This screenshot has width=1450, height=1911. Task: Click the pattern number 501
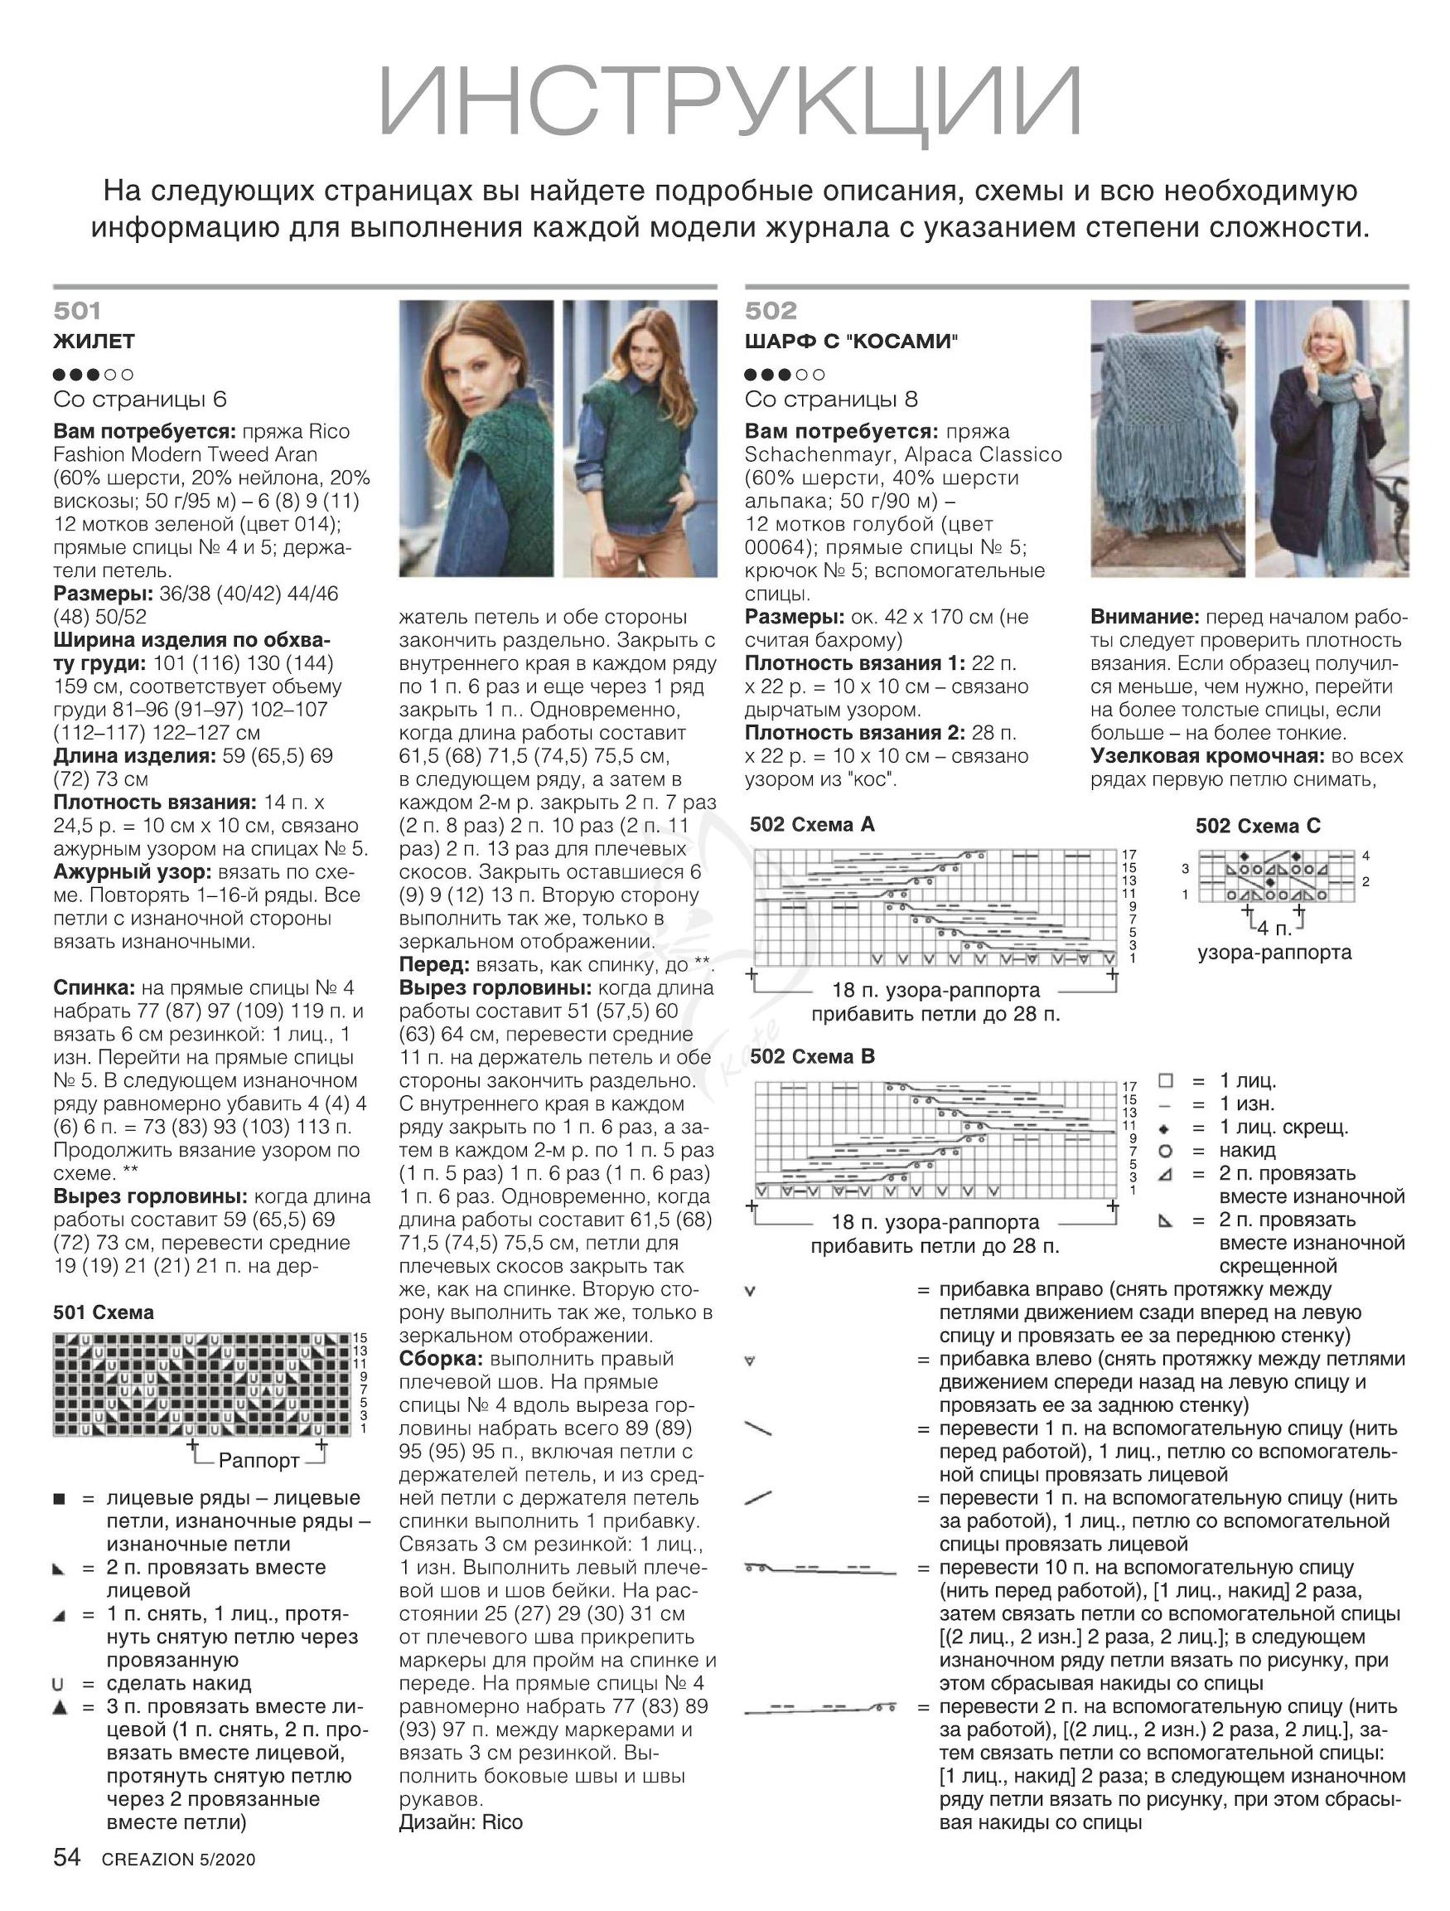pyautogui.click(x=77, y=311)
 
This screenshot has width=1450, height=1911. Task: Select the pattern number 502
pyautogui.click(x=771, y=311)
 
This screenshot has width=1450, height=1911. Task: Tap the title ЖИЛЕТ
pyautogui.click(x=94, y=342)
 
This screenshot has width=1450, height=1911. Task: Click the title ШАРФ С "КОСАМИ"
pyautogui.click(x=852, y=342)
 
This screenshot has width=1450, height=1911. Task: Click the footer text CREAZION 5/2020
pyautogui.click(x=179, y=1860)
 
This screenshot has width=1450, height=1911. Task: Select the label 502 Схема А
pyautogui.click(x=812, y=824)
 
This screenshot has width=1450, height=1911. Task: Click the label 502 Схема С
pyautogui.click(x=1258, y=826)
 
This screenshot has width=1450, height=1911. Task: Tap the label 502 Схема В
pyautogui.click(x=812, y=1056)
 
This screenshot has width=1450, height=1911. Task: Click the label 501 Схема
pyautogui.click(x=104, y=1312)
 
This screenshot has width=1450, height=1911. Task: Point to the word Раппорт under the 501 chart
pyautogui.click(x=259, y=1461)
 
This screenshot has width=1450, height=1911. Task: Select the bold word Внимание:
pyautogui.click(x=1145, y=618)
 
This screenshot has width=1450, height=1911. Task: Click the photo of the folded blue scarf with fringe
pyautogui.click(x=1167, y=438)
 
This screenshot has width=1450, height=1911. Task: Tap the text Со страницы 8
pyautogui.click(x=831, y=399)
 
